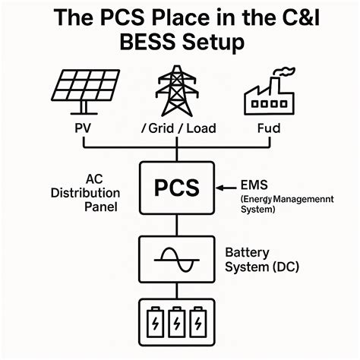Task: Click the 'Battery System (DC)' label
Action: pos(262,259)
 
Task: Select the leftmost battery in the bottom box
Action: pos(154,320)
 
